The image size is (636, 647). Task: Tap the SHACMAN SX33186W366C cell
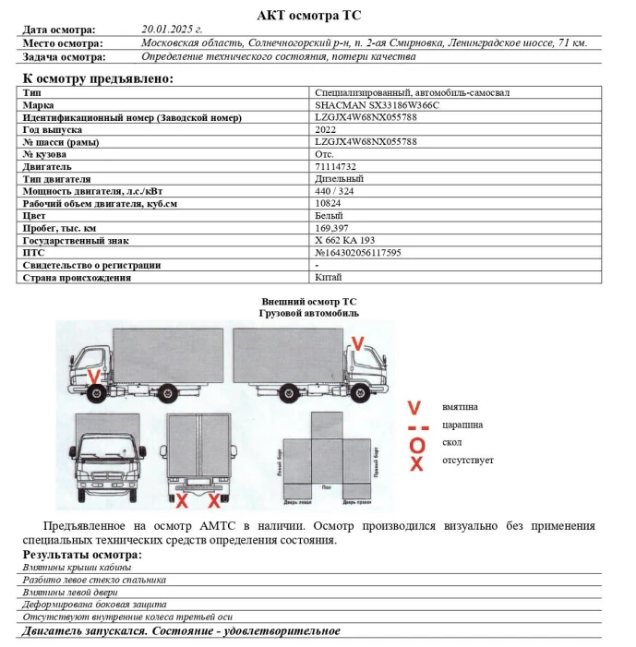[364, 105]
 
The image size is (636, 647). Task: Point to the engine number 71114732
[335, 166]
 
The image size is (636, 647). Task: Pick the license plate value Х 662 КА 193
[346, 239]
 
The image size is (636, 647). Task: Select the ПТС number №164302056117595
[359, 252]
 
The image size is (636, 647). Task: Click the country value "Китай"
[328, 277]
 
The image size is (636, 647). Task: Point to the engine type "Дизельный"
[340, 178]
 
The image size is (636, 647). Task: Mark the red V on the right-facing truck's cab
[359, 343]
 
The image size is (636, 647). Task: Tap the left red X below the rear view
[183, 500]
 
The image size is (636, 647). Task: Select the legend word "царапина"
[462, 425]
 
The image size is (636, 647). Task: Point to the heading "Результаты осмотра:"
[82, 554]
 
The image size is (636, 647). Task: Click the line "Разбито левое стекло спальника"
[95, 580]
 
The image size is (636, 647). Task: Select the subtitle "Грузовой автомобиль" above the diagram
[309, 313]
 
